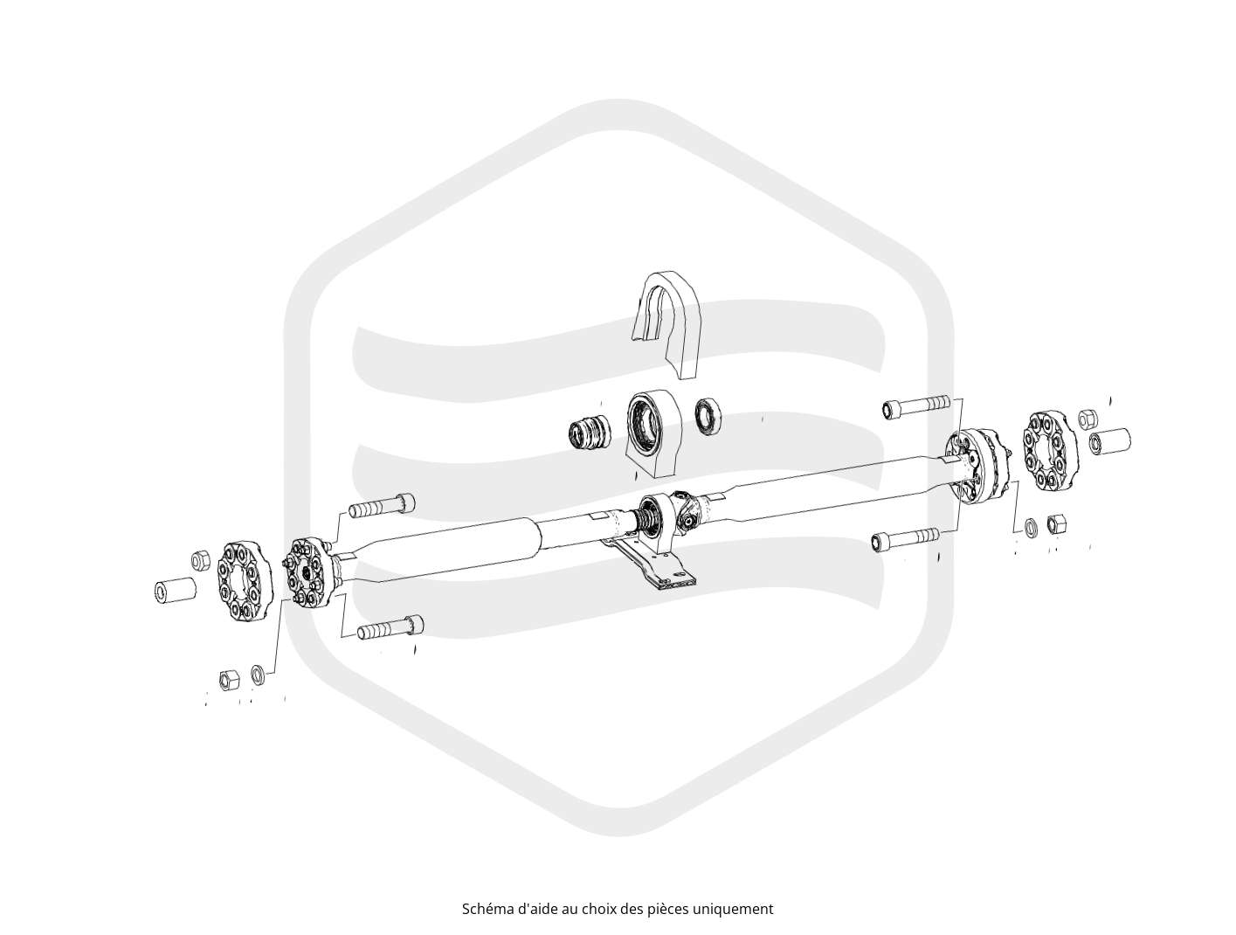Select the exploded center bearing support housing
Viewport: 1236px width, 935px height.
click(x=653, y=433)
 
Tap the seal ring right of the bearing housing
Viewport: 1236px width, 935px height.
click(x=707, y=417)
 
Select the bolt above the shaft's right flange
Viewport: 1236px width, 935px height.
click(x=915, y=406)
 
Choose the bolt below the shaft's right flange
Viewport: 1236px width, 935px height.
click(x=904, y=539)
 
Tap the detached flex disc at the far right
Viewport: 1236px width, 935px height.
click(x=1050, y=453)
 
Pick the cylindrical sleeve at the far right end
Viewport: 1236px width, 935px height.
click(x=1110, y=440)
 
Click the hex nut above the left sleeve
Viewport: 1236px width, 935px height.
click(x=199, y=560)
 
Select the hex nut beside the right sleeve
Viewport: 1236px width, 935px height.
click(x=1087, y=419)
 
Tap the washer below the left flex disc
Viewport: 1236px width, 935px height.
click(x=258, y=674)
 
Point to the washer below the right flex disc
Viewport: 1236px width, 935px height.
click(x=1032, y=527)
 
